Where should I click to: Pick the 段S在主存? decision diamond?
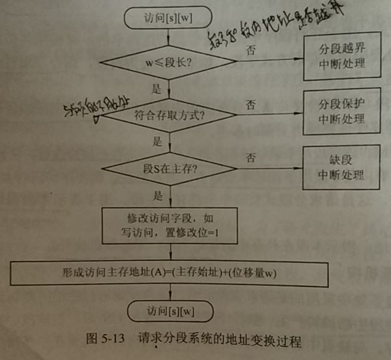[171, 171]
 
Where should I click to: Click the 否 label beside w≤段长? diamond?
[251, 50]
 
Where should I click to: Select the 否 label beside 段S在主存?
[251, 158]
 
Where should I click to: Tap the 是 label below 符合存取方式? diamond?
[157, 141]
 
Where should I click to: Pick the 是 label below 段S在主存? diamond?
[157, 195]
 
